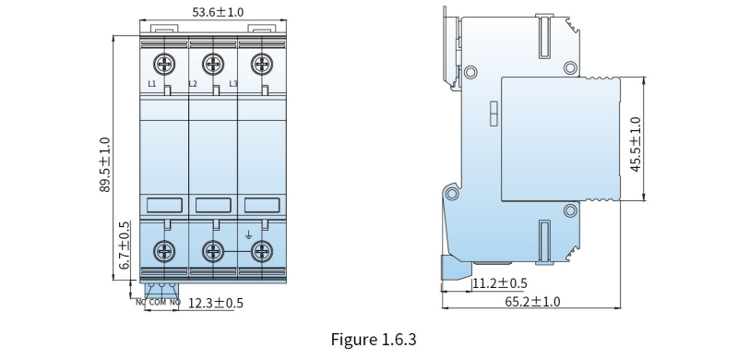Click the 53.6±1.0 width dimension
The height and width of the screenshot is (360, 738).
(218, 12)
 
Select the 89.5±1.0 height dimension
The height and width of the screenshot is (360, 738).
(104, 164)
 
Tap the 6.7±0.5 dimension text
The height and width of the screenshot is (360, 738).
(125, 245)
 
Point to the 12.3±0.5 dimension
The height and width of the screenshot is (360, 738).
(216, 303)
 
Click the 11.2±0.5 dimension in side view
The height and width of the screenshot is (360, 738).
(500, 283)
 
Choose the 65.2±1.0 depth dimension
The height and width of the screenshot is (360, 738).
(532, 302)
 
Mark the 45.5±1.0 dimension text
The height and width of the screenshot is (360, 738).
(636, 144)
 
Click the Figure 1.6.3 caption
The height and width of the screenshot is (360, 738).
(374, 340)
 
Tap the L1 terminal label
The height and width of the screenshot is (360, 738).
(152, 84)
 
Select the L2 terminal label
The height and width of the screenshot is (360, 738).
(193, 84)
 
